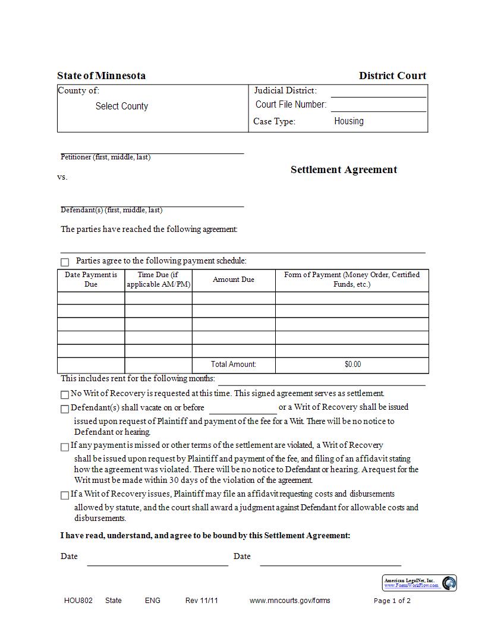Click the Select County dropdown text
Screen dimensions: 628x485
click(x=121, y=106)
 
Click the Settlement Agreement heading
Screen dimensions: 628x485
click(x=344, y=169)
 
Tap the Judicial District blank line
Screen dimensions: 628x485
click(x=378, y=92)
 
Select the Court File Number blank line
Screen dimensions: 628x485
click(x=378, y=106)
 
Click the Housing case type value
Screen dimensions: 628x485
click(x=349, y=121)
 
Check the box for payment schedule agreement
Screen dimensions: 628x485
click(x=65, y=262)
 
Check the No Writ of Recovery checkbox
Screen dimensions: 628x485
click(x=65, y=395)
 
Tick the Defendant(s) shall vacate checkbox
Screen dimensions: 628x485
click(x=65, y=409)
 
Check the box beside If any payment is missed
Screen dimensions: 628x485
click(x=65, y=447)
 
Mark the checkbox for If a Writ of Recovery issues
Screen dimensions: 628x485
click(x=65, y=495)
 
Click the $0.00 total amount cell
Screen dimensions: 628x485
click(x=352, y=365)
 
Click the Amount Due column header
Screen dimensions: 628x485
click(x=234, y=280)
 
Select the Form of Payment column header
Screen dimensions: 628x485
click(x=352, y=280)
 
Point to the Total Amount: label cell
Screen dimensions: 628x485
click(x=234, y=365)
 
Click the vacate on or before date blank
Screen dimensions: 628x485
click(x=243, y=409)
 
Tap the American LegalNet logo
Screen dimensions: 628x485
click(x=420, y=583)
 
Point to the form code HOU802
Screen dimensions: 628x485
click(x=78, y=601)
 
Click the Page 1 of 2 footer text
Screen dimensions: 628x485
click(x=392, y=601)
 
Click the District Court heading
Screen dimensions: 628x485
click(x=392, y=76)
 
